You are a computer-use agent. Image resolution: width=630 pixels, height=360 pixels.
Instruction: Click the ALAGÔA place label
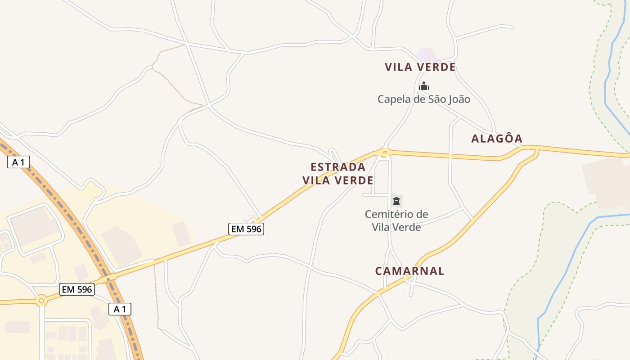click(x=497, y=139)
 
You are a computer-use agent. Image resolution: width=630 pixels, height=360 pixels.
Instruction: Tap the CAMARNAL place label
click(x=409, y=271)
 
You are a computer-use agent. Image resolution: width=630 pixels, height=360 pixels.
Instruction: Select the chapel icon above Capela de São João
click(x=424, y=86)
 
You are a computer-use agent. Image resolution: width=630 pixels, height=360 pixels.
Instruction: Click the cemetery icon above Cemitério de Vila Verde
click(x=396, y=201)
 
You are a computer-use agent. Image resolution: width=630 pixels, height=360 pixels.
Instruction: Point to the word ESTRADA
click(x=338, y=167)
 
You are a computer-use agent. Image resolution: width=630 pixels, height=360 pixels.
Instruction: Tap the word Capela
click(x=393, y=99)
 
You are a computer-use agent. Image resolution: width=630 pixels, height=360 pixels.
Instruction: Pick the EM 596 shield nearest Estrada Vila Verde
click(x=246, y=229)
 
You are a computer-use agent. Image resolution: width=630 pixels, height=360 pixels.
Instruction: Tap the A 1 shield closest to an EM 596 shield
click(x=120, y=309)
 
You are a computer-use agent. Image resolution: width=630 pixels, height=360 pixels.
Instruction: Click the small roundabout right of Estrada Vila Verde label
click(x=384, y=153)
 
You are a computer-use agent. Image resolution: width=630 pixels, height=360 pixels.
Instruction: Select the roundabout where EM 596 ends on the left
click(x=42, y=300)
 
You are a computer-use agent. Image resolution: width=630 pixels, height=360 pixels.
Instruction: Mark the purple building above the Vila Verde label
click(x=427, y=55)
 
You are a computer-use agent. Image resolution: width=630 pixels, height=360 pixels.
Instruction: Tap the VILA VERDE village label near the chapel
click(x=420, y=67)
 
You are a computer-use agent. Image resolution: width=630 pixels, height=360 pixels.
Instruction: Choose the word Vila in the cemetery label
click(x=382, y=227)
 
